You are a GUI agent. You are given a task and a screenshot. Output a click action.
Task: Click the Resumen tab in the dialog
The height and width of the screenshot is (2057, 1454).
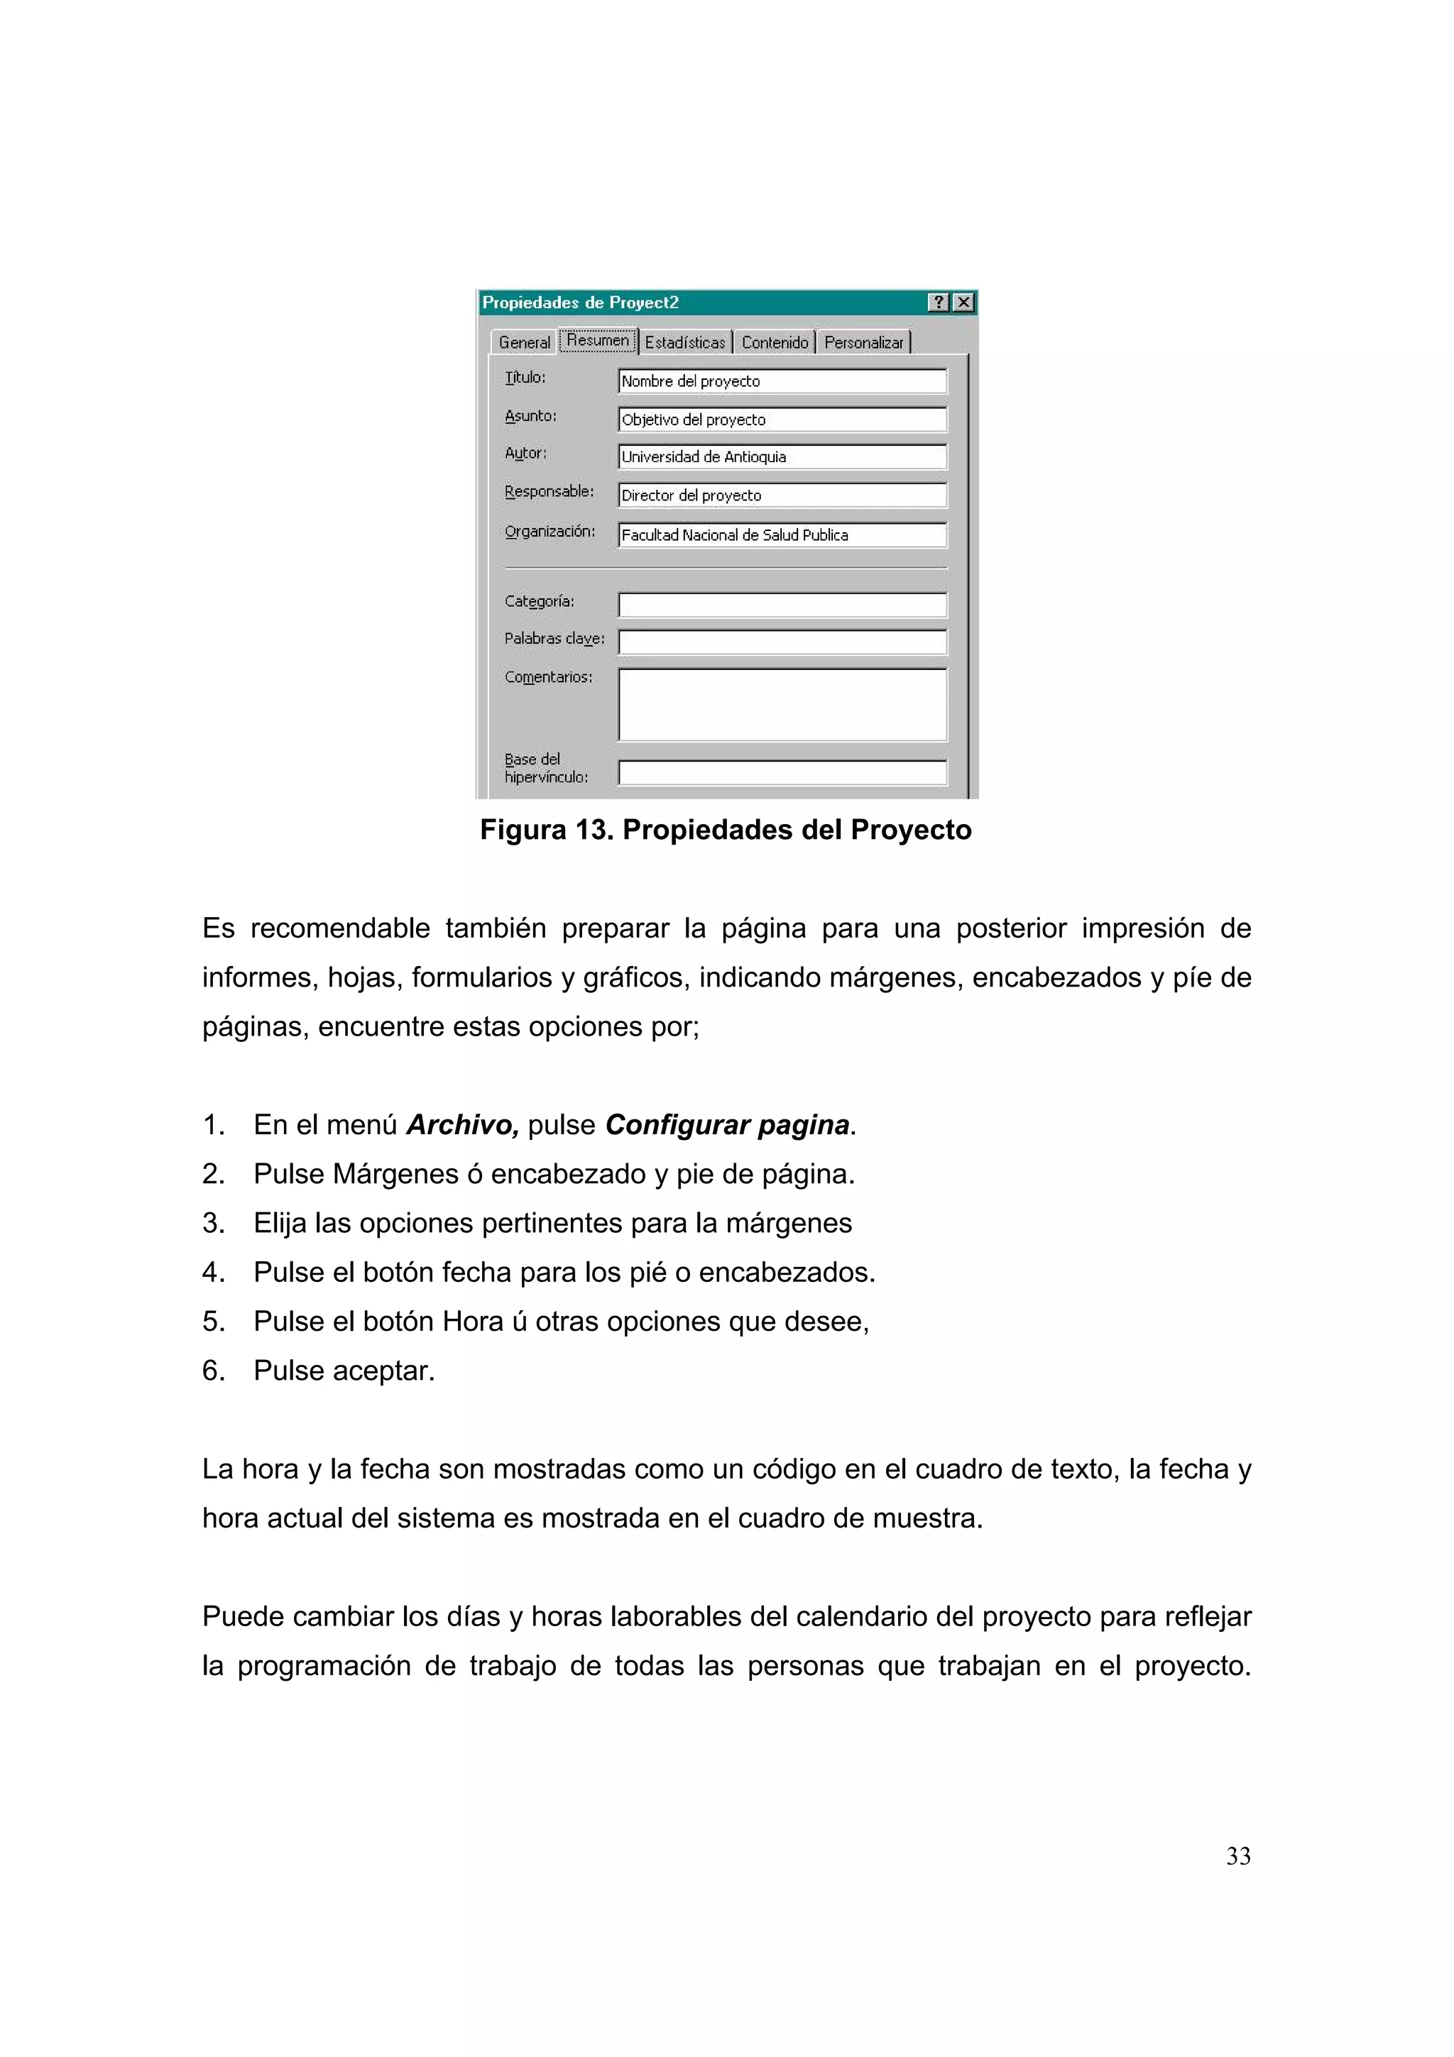[x=598, y=341]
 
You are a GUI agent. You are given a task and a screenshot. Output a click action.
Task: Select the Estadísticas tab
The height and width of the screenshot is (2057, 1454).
[x=685, y=342]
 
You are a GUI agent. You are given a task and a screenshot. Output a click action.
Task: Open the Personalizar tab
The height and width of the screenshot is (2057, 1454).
[x=863, y=342]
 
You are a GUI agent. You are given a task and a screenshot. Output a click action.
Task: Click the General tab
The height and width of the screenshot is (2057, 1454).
[x=524, y=342]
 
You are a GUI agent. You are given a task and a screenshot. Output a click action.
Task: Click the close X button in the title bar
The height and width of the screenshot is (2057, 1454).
[x=963, y=303]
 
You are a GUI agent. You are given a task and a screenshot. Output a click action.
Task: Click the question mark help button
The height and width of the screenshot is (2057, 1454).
[x=938, y=303]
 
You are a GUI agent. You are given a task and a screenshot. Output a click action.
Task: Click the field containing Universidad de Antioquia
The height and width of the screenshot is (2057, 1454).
[x=782, y=457]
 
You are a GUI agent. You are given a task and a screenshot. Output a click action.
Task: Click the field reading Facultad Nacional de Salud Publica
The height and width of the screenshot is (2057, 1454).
[x=782, y=535]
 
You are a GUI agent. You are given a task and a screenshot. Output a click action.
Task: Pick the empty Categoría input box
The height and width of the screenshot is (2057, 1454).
[x=782, y=605]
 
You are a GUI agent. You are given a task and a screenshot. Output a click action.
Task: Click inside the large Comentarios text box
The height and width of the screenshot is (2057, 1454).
[x=782, y=704]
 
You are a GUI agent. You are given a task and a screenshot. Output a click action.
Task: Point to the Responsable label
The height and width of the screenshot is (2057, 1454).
[x=550, y=492]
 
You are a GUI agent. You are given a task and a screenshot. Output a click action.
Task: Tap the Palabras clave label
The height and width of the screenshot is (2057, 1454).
[x=554, y=639]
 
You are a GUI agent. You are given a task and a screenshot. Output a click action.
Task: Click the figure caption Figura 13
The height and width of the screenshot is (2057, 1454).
[x=725, y=830]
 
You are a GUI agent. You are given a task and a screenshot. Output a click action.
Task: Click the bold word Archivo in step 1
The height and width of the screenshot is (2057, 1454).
[x=462, y=1124]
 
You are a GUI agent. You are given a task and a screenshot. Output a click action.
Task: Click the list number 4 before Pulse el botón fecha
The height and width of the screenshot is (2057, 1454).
[x=213, y=1272]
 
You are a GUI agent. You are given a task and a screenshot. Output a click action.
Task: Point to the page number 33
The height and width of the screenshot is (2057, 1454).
[x=1238, y=1856]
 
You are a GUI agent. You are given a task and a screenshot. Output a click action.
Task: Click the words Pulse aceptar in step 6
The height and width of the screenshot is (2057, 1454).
[x=344, y=1371]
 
